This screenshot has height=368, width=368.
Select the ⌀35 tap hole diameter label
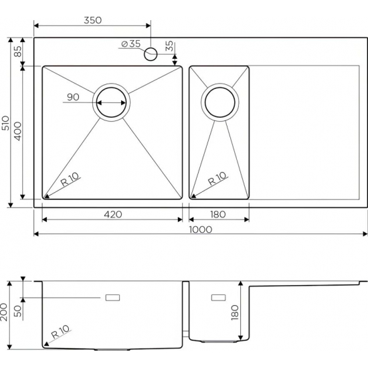click(x=130, y=44)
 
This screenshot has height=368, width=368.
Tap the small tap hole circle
click(x=151, y=52)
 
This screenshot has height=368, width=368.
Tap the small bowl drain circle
click(x=219, y=102)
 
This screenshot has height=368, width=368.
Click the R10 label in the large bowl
click(x=70, y=179)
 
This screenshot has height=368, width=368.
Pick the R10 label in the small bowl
click(x=217, y=179)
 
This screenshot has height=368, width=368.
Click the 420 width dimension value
click(x=112, y=214)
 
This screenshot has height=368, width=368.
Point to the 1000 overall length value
click(x=199, y=229)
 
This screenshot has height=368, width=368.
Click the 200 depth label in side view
click(x=6, y=312)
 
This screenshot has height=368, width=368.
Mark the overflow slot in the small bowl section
click(x=219, y=296)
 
